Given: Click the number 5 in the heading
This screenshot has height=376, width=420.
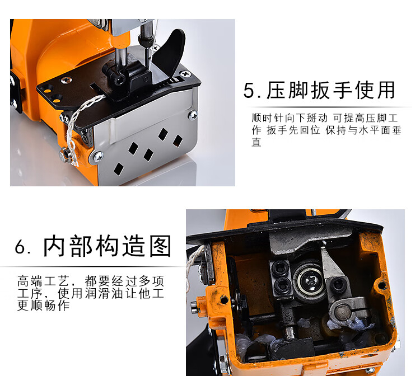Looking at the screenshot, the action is tap(249, 91).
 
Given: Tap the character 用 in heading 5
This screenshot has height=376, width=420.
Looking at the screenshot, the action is tap(385, 90).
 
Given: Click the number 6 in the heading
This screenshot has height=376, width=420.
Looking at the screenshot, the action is tap(20, 247).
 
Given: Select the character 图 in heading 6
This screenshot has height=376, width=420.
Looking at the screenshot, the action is tap(160, 246).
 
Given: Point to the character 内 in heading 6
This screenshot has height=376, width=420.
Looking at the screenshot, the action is tap(54, 246).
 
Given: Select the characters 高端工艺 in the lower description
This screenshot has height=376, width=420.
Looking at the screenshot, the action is tap(44, 281).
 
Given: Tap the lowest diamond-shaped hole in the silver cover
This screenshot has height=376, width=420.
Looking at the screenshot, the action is tap(118, 169).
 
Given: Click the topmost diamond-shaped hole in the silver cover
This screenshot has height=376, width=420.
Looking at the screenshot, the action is tap(162, 134).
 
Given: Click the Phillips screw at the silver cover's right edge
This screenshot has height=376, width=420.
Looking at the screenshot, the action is tap(193, 115).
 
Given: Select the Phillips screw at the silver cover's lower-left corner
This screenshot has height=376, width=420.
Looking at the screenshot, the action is tap(99, 157).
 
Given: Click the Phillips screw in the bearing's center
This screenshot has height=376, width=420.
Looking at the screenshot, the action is tap(309, 281).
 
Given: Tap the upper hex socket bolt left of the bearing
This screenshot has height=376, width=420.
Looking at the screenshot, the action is tap(280, 267).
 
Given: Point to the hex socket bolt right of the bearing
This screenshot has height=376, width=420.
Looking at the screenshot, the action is tap(337, 285).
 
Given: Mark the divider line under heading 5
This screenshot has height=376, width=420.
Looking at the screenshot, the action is tap(329, 107).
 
